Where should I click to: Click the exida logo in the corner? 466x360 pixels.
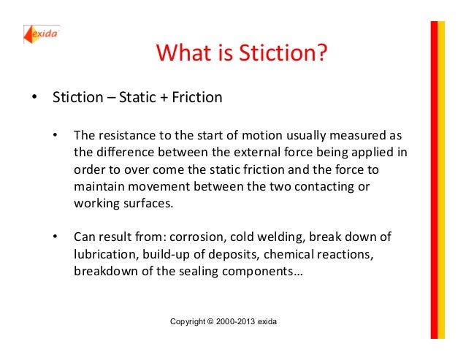pos(42,34)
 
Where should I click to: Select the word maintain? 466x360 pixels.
pos(98,186)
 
